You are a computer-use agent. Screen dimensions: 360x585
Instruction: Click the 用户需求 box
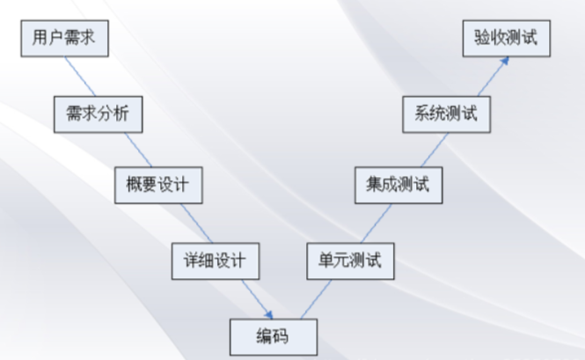[63, 40]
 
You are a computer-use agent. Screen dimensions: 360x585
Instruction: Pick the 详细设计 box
[215, 261]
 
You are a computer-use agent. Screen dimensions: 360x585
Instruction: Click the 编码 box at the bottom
[272, 335]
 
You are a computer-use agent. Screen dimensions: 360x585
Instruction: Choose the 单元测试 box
[350, 261]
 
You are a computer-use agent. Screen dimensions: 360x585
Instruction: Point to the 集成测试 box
[398, 186]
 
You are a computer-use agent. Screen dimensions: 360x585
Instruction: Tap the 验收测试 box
[506, 40]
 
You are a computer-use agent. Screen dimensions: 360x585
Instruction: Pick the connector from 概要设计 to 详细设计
[187, 223]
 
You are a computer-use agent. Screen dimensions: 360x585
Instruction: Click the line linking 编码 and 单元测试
[312, 298]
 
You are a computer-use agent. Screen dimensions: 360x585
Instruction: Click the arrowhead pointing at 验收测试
[504, 62]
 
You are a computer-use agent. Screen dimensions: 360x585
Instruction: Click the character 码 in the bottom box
[281, 335]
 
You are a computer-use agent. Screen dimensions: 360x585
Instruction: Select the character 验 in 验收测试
[482, 40]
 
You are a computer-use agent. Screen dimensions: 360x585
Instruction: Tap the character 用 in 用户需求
[40, 40]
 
